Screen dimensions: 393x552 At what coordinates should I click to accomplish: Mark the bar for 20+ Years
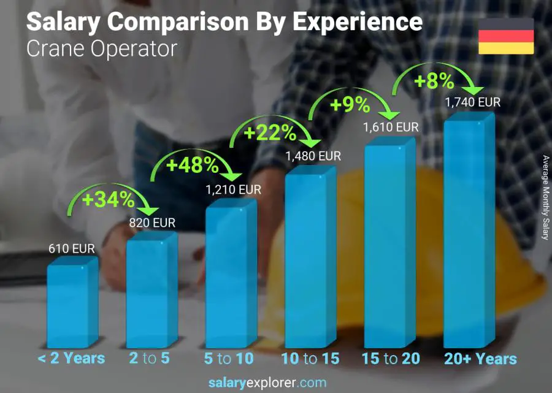pos(468,233)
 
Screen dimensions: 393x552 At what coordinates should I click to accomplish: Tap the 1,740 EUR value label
pos(472,102)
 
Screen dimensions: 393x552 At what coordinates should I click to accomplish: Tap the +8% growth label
pos(434,81)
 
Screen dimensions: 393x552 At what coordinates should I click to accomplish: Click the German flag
pos(506,36)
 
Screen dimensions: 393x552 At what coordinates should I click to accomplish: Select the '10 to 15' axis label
pos(310,359)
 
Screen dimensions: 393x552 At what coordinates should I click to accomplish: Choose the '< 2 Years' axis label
pos(71,359)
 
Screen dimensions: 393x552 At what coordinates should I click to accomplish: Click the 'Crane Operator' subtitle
pos(102,48)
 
